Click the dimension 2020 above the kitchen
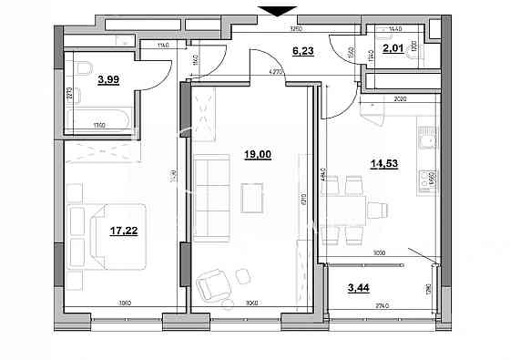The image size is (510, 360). point(400,101)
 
